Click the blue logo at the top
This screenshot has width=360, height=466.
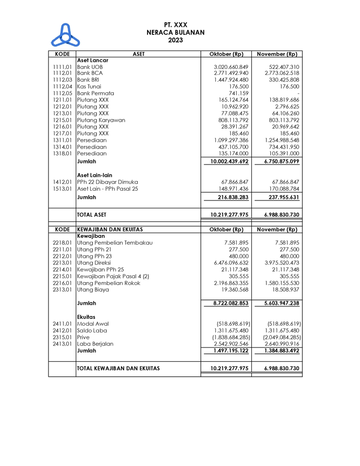pyautogui.click(x=65, y=35)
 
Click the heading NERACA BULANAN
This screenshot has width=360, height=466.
pyautogui.click(x=175, y=33)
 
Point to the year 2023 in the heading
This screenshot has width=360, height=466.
pyautogui.click(x=175, y=40)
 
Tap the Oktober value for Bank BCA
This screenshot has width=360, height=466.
pyautogui.click(x=231, y=73)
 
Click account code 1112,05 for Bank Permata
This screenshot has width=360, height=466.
pyautogui.click(x=62, y=93)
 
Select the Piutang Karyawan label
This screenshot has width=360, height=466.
pyautogui.click(x=101, y=120)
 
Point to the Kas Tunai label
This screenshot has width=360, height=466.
pyautogui.click(x=89, y=86)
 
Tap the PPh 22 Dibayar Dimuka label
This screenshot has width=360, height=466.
pyautogui.click(x=107, y=182)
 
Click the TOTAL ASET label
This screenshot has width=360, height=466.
pyautogui.click(x=92, y=215)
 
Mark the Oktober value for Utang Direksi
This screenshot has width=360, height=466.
pyautogui.click(x=231, y=263)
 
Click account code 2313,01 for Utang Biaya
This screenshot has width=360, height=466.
pyautogui.click(x=62, y=290)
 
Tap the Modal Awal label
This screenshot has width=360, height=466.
pyautogui.click(x=93, y=324)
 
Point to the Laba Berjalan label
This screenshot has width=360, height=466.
pyautogui.click(x=95, y=344)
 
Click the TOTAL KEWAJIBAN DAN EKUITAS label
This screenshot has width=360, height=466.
pyautogui.click(x=118, y=368)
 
